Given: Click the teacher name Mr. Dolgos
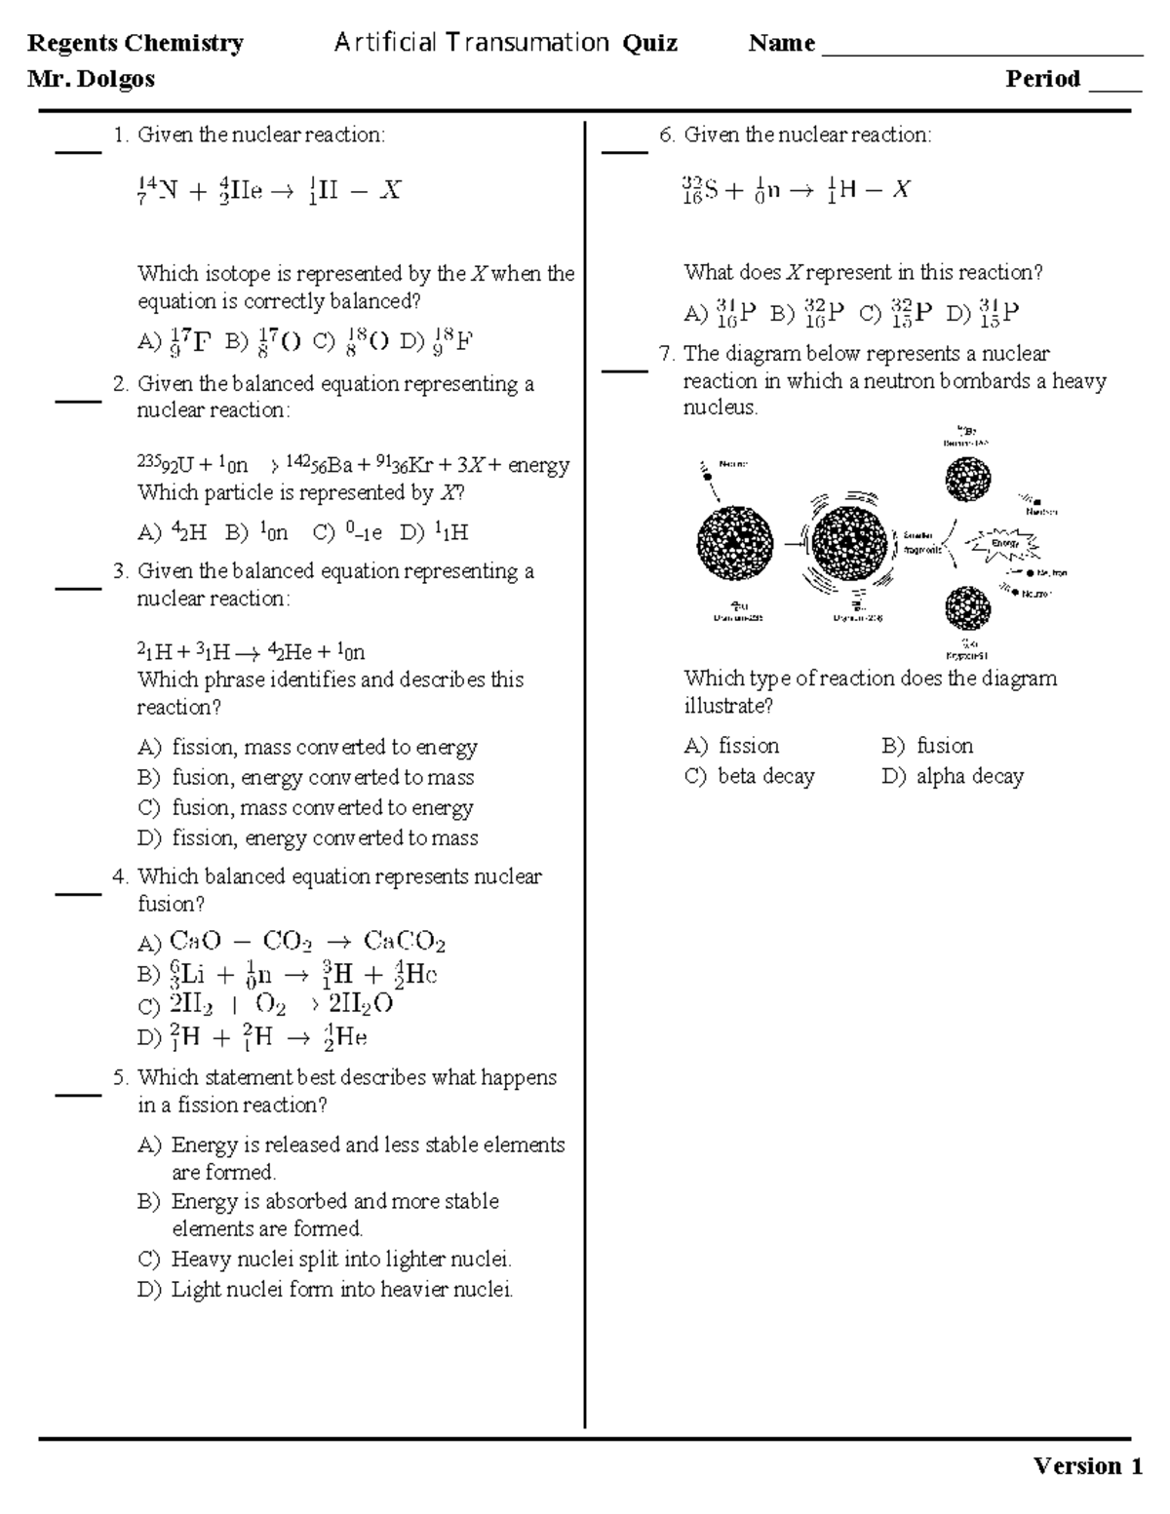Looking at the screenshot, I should [x=91, y=79].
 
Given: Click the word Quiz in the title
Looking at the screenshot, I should [x=650, y=43].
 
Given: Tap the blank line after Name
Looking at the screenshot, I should [x=982, y=49].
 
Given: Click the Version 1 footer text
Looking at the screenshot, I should [x=1088, y=1466].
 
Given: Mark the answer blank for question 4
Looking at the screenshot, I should [x=78, y=890].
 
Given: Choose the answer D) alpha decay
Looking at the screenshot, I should [x=953, y=776].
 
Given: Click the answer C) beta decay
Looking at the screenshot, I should [x=750, y=776].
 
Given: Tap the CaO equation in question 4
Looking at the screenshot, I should [x=307, y=942].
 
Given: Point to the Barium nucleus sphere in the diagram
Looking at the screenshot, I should [x=968, y=480].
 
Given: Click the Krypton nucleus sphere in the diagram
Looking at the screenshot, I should [x=968, y=608].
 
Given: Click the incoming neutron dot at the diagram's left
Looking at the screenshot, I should [x=705, y=476].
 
